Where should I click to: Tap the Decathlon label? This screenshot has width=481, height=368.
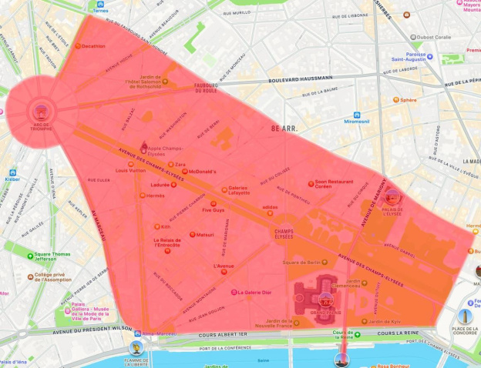click(94, 46)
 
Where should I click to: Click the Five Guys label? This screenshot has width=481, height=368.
click(213, 209)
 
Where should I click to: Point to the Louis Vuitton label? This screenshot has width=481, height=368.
click(130, 170)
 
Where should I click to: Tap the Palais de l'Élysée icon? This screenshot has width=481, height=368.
click(392, 196)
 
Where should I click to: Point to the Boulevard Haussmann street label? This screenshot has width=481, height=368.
click(301, 78)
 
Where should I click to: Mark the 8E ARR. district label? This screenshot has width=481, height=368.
click(285, 128)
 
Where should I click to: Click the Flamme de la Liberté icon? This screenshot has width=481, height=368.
click(136, 348)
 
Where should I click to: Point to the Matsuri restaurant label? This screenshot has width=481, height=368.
click(205, 235)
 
